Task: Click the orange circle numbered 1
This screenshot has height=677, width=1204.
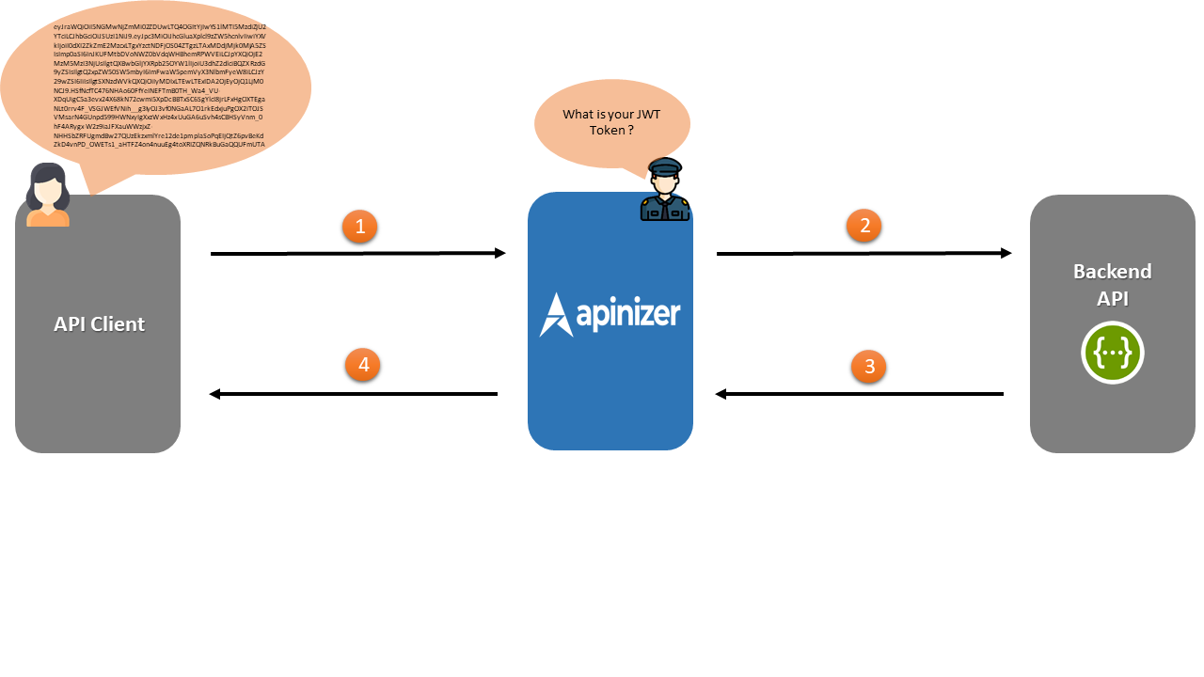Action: (360, 227)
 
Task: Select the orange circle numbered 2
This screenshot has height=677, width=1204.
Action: (864, 226)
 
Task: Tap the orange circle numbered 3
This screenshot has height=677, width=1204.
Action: (869, 367)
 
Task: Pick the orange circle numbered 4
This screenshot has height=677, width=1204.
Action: (362, 366)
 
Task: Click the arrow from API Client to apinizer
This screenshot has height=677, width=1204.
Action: (357, 253)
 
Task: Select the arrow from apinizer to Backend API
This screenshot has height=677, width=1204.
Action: (863, 253)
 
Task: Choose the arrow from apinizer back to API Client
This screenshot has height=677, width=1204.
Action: (353, 394)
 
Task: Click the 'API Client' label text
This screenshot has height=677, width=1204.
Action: (99, 324)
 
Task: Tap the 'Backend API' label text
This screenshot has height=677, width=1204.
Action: (1113, 285)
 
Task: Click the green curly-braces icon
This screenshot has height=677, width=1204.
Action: (1113, 353)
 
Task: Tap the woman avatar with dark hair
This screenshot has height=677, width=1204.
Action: (48, 195)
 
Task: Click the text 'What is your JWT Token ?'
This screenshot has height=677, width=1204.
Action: (611, 122)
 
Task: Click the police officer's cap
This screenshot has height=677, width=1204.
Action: (665, 166)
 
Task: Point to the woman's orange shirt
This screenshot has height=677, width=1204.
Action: (48, 218)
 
